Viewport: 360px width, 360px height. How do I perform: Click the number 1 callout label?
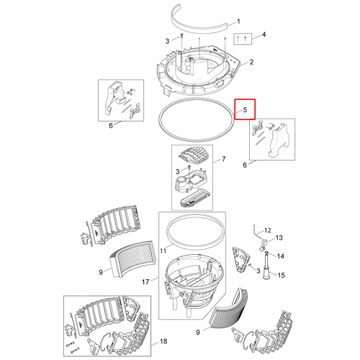(238, 22)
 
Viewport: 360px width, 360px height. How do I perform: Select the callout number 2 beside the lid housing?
(251, 62)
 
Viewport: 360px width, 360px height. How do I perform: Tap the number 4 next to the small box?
(264, 35)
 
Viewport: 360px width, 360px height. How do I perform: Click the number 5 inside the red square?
(245, 109)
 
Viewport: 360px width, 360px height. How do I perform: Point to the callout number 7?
(223, 159)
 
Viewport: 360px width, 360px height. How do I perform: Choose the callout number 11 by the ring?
(163, 251)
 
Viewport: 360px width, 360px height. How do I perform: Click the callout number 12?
(267, 230)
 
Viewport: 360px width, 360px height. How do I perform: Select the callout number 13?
(279, 238)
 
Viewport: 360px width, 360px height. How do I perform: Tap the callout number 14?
(280, 256)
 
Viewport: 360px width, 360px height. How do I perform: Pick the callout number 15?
(281, 275)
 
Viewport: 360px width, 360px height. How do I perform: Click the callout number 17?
(145, 282)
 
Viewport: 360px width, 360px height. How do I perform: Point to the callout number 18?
(163, 341)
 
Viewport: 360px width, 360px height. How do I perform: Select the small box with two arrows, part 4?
(243, 39)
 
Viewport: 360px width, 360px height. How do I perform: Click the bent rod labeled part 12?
(255, 231)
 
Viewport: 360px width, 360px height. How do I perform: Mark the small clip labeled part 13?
(263, 245)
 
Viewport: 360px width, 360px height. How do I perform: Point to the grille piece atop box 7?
(194, 155)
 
